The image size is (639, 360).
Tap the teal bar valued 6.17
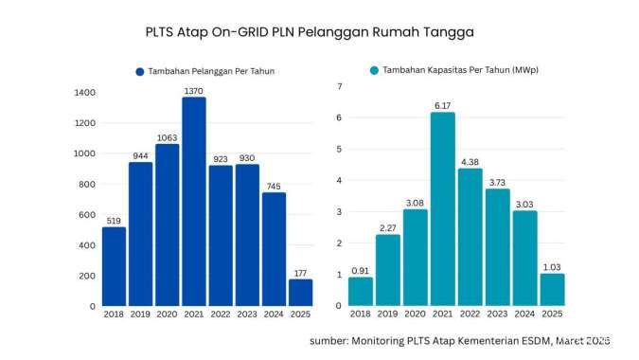click(442, 208)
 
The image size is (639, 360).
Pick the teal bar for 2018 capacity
click(361, 291)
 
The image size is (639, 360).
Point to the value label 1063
click(167, 137)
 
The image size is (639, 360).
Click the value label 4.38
click(470, 160)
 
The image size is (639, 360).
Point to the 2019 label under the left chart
click(140, 314)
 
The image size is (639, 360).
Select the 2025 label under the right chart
click(552, 314)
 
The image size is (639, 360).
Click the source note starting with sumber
click(459, 339)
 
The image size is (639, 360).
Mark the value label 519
click(113, 220)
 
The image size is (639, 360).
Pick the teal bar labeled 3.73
click(497, 246)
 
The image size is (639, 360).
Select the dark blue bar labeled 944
click(140, 234)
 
